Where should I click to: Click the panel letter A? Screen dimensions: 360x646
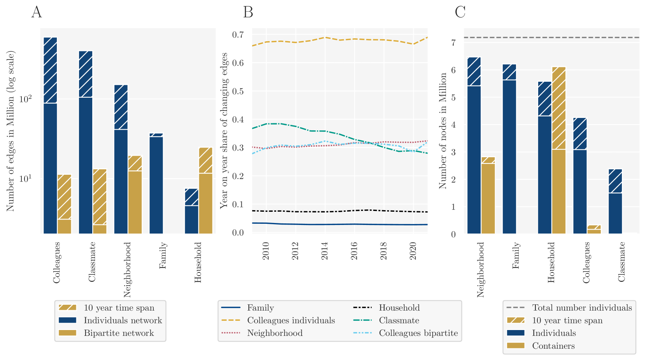pyautogui.click(x=37, y=12)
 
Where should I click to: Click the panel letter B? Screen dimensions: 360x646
pyautogui.click(x=248, y=12)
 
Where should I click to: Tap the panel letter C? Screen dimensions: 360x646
pyautogui.click(x=460, y=12)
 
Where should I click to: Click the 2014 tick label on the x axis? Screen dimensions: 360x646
pyautogui.click(x=325, y=251)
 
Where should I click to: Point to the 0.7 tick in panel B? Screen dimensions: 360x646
pyautogui.click(x=238, y=35)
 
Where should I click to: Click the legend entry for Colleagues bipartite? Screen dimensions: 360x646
pyautogui.click(x=418, y=333)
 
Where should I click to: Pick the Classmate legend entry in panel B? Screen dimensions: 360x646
pyautogui.click(x=399, y=321)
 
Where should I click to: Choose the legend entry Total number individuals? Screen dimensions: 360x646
pyautogui.click(x=582, y=308)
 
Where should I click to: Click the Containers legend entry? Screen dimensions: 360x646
pyautogui.click(x=553, y=346)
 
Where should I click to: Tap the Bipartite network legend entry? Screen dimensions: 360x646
pyautogui.click(x=119, y=333)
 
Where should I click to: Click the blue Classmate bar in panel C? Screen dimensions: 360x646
pyautogui.click(x=615, y=202)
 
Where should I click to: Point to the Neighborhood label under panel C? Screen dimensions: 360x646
pyautogui.click(x=481, y=270)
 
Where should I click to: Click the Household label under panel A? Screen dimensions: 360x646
pyautogui.click(x=198, y=262)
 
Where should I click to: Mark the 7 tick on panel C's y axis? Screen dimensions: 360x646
pyautogui.click(x=453, y=42)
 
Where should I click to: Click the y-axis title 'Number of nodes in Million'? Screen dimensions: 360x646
pyautogui.click(x=443, y=131)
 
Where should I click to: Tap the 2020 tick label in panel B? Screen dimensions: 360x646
pyautogui.click(x=413, y=251)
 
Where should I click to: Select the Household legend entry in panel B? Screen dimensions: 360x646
pyautogui.click(x=399, y=308)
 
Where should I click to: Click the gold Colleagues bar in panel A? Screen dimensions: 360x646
pyautogui.click(x=64, y=204)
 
